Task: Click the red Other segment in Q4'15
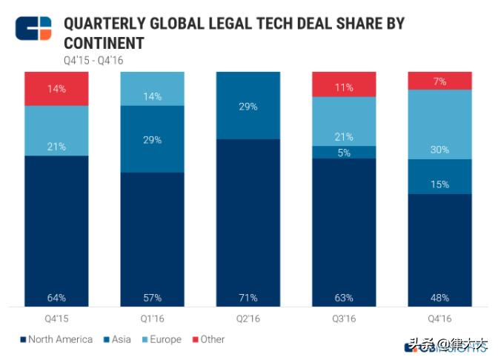[56, 89]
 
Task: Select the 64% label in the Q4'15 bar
[56, 298]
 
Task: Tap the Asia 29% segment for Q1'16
[153, 139]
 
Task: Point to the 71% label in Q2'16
[248, 298]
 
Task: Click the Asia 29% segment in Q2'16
[248, 106]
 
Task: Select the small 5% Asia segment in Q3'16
[344, 153]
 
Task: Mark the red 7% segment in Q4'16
[439, 81]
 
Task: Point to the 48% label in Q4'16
[439, 298]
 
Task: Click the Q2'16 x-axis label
[248, 318]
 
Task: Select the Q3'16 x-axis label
[344, 318]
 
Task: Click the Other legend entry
[208, 339]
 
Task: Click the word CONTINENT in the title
[104, 42]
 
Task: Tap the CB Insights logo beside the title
[33, 28]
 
